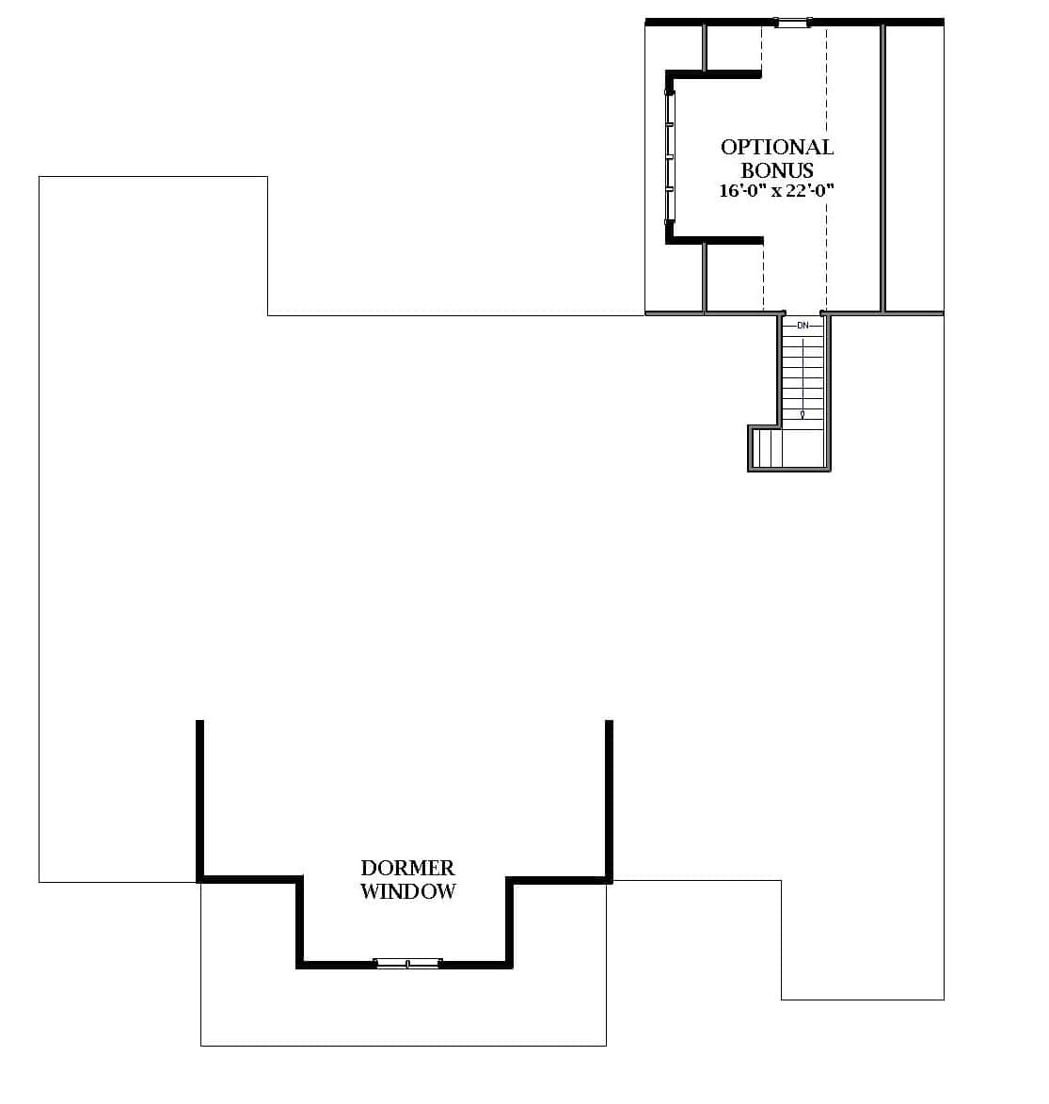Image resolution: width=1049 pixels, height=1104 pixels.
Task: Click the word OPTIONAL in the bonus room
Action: coord(777,147)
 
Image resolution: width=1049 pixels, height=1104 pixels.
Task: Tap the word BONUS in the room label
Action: coord(777,170)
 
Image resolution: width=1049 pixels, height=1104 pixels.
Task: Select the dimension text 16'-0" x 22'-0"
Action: coord(777,191)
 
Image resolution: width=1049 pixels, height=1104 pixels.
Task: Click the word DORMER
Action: coord(407,868)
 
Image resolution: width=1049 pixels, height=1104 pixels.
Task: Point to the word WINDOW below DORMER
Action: coord(407,891)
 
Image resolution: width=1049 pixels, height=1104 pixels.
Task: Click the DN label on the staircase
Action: coord(803,326)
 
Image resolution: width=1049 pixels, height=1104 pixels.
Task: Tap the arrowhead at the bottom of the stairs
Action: coord(802,414)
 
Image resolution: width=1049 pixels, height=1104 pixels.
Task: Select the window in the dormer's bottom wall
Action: coord(407,963)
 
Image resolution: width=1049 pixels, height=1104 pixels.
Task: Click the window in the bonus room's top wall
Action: coord(792,23)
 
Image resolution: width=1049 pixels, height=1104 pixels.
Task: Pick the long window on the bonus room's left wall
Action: coord(670,155)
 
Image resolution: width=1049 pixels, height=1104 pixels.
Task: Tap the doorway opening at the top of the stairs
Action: coord(803,312)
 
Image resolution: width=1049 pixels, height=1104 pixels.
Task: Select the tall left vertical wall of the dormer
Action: coord(199,800)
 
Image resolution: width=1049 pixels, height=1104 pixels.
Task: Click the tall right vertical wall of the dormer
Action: coord(609,800)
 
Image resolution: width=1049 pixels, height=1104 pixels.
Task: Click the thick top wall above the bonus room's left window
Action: coord(715,73)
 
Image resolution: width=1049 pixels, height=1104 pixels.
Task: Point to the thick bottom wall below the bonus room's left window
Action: coord(715,241)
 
